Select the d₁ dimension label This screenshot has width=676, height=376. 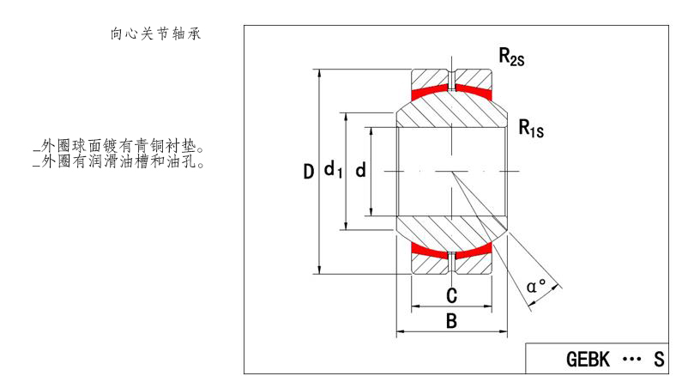pos(333,171)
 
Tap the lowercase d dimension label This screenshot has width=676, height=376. pos(360,171)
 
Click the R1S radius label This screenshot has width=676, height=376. pos(532,129)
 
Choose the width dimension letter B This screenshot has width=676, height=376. pos(451,321)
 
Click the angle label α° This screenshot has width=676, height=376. pos(537,287)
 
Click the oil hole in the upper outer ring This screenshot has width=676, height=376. pos(451,79)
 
